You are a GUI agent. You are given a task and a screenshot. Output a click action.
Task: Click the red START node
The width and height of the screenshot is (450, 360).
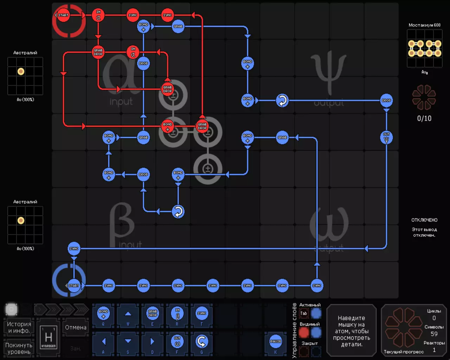[x=63, y=15]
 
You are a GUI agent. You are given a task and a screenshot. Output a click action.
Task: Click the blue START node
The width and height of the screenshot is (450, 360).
[x=74, y=285]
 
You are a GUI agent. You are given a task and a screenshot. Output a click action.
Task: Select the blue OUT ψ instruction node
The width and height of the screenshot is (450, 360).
[x=386, y=138]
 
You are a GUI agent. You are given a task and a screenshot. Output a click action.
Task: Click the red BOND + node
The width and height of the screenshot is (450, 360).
[x=168, y=126]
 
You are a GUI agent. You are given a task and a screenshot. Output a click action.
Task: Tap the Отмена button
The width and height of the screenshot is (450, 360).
[x=76, y=327]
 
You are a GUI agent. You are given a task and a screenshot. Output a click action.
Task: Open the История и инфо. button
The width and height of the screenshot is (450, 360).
[x=19, y=327]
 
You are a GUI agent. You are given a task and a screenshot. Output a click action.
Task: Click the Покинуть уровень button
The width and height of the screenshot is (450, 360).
[x=19, y=348]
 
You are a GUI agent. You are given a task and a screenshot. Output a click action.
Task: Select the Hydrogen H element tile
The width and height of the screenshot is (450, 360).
[x=49, y=337]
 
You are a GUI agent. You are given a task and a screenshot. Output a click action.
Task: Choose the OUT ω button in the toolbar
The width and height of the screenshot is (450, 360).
[x=177, y=341]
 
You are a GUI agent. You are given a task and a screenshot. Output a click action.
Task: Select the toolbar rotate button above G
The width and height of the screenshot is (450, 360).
[x=202, y=341]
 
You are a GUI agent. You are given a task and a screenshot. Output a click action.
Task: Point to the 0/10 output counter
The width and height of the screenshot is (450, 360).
[x=424, y=118]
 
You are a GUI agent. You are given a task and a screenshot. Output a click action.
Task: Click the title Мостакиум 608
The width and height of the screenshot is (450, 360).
[x=424, y=25]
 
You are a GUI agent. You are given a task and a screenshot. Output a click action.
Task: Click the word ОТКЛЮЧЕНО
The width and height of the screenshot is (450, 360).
[x=424, y=220]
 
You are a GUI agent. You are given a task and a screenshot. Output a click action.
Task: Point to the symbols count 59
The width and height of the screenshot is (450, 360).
[x=434, y=334]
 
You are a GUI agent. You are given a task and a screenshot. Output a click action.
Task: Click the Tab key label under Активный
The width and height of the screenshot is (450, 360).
[x=304, y=313]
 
